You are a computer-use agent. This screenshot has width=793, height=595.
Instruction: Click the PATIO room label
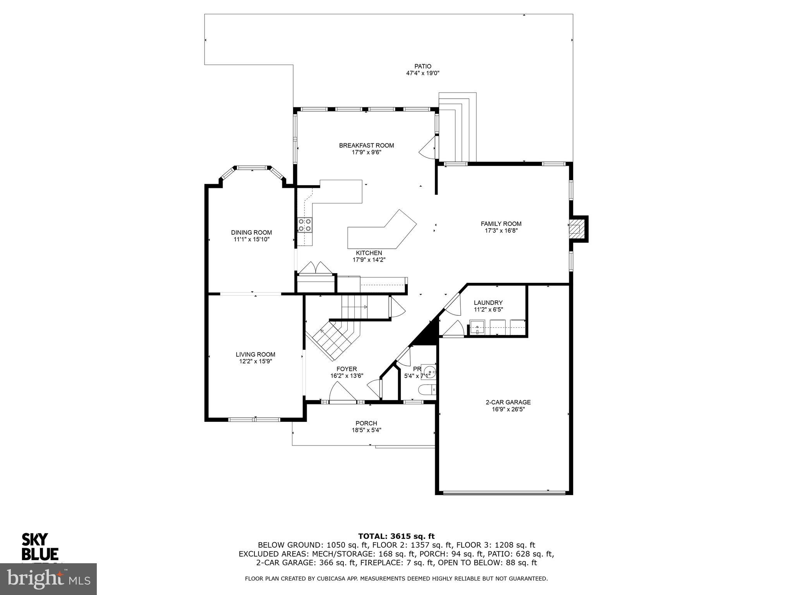click(422, 66)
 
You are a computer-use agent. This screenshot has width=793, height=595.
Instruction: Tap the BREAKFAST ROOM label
click(366, 145)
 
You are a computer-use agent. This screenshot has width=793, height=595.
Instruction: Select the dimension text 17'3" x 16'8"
click(501, 230)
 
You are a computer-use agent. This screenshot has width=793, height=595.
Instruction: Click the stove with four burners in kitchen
click(305, 225)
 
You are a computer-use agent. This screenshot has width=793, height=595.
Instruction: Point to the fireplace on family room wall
click(577, 229)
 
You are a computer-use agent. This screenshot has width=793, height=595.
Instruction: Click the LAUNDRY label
click(488, 303)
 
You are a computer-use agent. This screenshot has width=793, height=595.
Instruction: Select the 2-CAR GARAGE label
click(508, 402)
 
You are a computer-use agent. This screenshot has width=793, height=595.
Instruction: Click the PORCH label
click(366, 423)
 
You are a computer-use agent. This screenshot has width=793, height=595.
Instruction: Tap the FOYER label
click(346, 369)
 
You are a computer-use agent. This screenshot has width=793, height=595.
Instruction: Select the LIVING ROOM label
click(255, 354)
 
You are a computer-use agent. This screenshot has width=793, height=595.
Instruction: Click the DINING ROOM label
click(251, 232)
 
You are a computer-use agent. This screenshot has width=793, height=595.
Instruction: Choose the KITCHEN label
click(369, 253)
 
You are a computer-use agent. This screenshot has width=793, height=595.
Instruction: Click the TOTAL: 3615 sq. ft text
click(396, 536)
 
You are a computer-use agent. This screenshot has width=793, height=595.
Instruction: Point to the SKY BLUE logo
click(39, 547)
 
